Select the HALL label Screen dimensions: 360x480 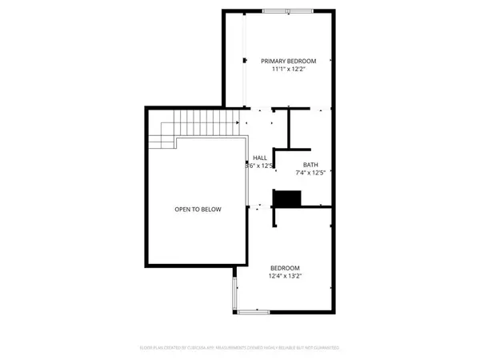[x=260, y=158]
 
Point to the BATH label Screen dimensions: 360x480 [x=310, y=165]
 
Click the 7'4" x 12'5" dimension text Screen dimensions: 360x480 [x=310, y=172]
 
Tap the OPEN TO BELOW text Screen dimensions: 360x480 [x=198, y=210]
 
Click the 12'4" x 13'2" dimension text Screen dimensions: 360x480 [x=285, y=276]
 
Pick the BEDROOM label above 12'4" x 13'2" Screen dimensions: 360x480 [x=285, y=268]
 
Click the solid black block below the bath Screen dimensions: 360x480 [x=286, y=199]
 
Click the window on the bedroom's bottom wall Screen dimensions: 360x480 [x=254, y=312]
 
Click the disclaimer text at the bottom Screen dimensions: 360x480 [x=240, y=349]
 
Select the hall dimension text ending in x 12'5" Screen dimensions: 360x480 [x=261, y=166]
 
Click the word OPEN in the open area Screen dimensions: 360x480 [x=182, y=210]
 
